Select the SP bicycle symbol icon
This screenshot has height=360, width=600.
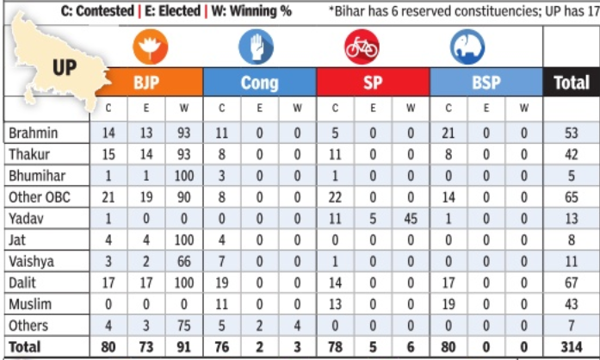coord(361,47)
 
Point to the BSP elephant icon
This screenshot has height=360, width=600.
coord(467,48)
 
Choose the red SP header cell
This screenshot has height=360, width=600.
coord(373,84)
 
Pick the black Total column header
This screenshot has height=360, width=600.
coord(571,84)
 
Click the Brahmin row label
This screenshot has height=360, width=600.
coord(32,133)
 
